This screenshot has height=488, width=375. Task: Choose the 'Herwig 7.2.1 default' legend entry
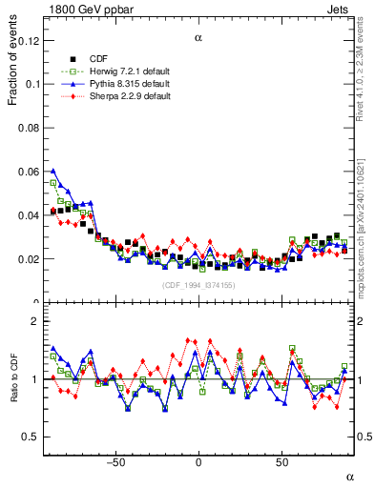tap(125, 71)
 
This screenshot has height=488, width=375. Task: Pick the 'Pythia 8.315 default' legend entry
tap(124, 84)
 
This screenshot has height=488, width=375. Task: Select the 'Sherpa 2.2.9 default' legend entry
tap(124, 96)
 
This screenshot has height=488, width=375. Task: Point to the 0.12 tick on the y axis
tap(31, 41)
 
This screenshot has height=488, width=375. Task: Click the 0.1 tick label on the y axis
tap(34, 85)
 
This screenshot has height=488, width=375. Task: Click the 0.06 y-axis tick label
tap(31, 172)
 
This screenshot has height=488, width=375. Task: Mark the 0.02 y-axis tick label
tap(31, 259)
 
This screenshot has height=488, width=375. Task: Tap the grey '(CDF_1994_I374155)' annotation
tap(198, 285)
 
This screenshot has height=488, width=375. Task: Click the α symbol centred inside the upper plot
tap(198, 38)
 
